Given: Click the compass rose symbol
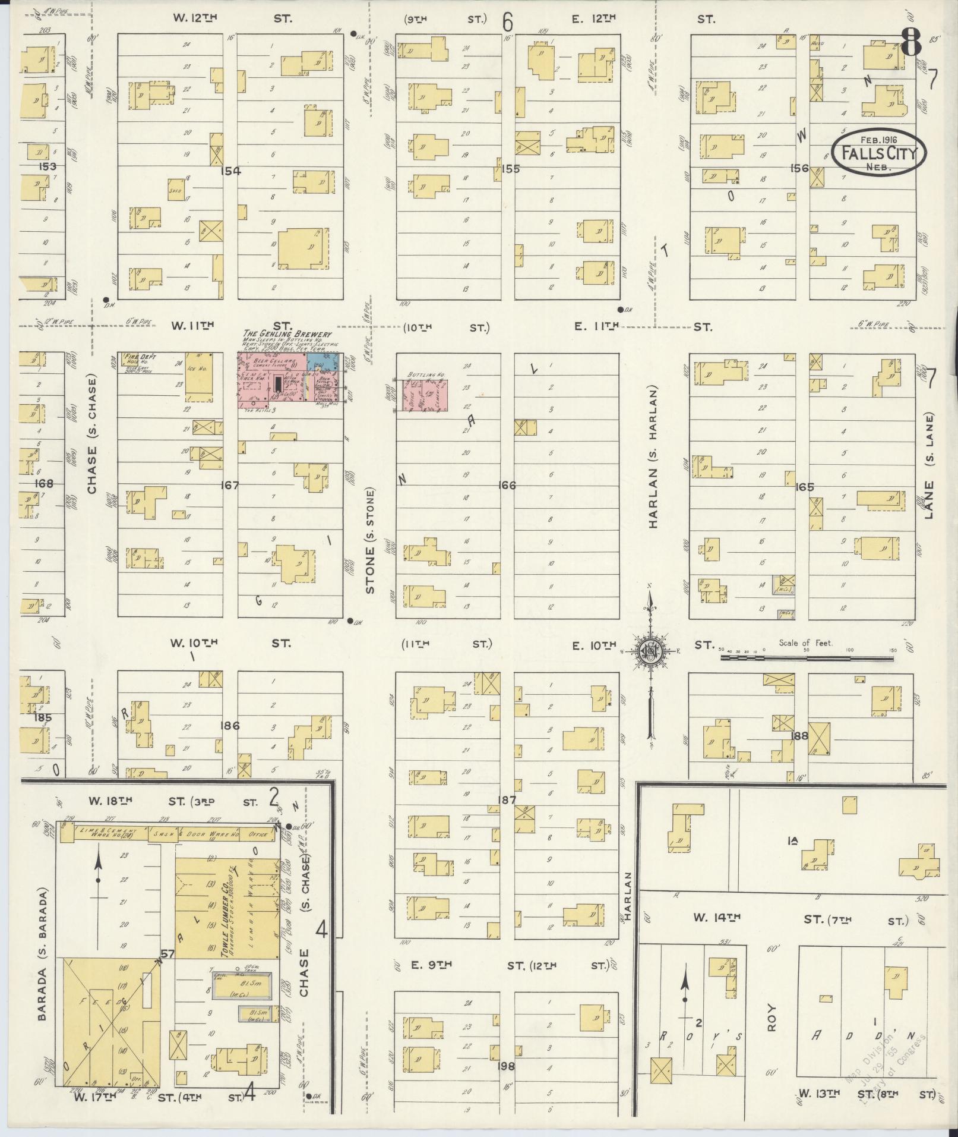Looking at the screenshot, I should click(x=650, y=651).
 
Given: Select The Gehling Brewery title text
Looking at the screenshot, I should click(x=287, y=335).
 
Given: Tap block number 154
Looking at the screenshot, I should click(x=230, y=171).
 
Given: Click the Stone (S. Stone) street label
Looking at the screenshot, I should click(x=371, y=541).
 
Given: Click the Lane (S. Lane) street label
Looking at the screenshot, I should click(x=929, y=466).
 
